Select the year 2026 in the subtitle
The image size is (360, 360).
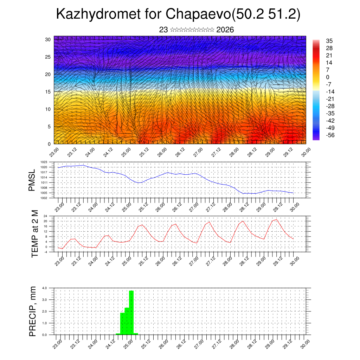(225, 30)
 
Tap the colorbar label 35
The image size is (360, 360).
(329, 41)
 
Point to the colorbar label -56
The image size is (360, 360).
(330, 135)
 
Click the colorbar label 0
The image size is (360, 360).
(328, 77)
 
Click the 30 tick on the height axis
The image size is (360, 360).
(48, 39)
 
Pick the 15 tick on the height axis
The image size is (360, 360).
(48, 92)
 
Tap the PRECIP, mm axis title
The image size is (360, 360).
(32, 311)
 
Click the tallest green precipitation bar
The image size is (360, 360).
(131, 312)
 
